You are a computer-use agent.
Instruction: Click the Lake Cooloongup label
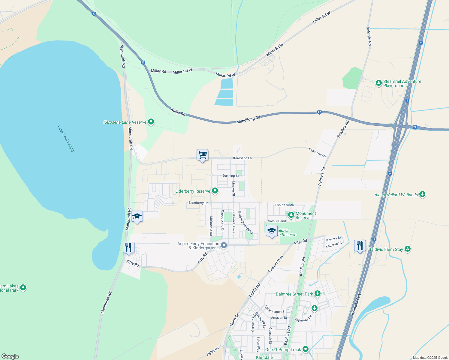point(66,139)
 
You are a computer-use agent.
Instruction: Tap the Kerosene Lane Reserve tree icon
point(151,122)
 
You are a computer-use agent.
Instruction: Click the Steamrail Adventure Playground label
point(402,83)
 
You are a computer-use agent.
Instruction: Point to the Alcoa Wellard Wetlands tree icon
point(422,194)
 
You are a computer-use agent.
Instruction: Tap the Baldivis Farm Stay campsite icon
point(407,249)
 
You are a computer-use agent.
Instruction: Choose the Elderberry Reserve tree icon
point(215,191)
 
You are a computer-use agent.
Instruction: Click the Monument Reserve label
point(306,215)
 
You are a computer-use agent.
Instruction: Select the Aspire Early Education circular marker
point(224,245)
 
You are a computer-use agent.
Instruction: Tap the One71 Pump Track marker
point(306,349)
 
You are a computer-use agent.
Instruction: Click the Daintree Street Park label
point(294,294)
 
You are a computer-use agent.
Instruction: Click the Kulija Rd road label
point(178,112)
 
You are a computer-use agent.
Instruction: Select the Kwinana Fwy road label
point(356,304)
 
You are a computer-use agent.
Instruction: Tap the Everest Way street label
point(276,264)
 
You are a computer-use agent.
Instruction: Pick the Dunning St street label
point(231,176)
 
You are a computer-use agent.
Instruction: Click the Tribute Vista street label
point(284,205)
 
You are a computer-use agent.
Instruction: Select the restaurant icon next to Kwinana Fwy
point(360,246)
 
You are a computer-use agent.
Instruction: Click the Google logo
point(10,356)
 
